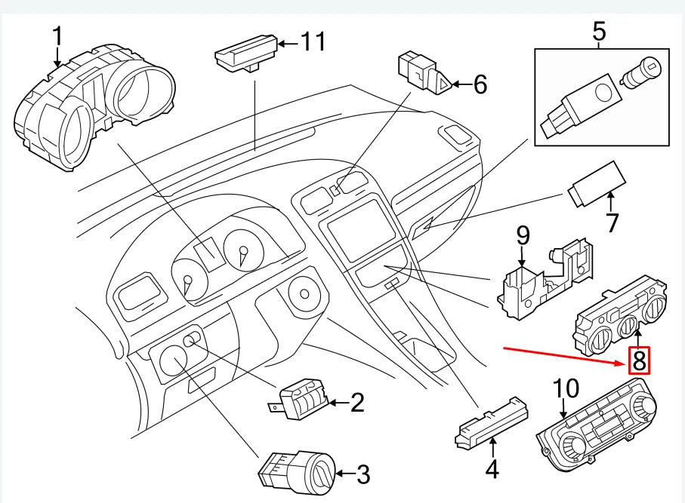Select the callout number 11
coord(313,41)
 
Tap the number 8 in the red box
coord(639,360)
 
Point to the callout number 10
coord(566,388)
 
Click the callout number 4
coord(492,469)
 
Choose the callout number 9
coord(523,235)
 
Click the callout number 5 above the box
coord(600,32)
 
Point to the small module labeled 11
coord(246,54)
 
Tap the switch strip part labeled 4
coord(492,422)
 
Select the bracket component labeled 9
coord(545,278)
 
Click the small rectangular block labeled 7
coord(597,184)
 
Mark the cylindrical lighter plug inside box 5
coord(641,73)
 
